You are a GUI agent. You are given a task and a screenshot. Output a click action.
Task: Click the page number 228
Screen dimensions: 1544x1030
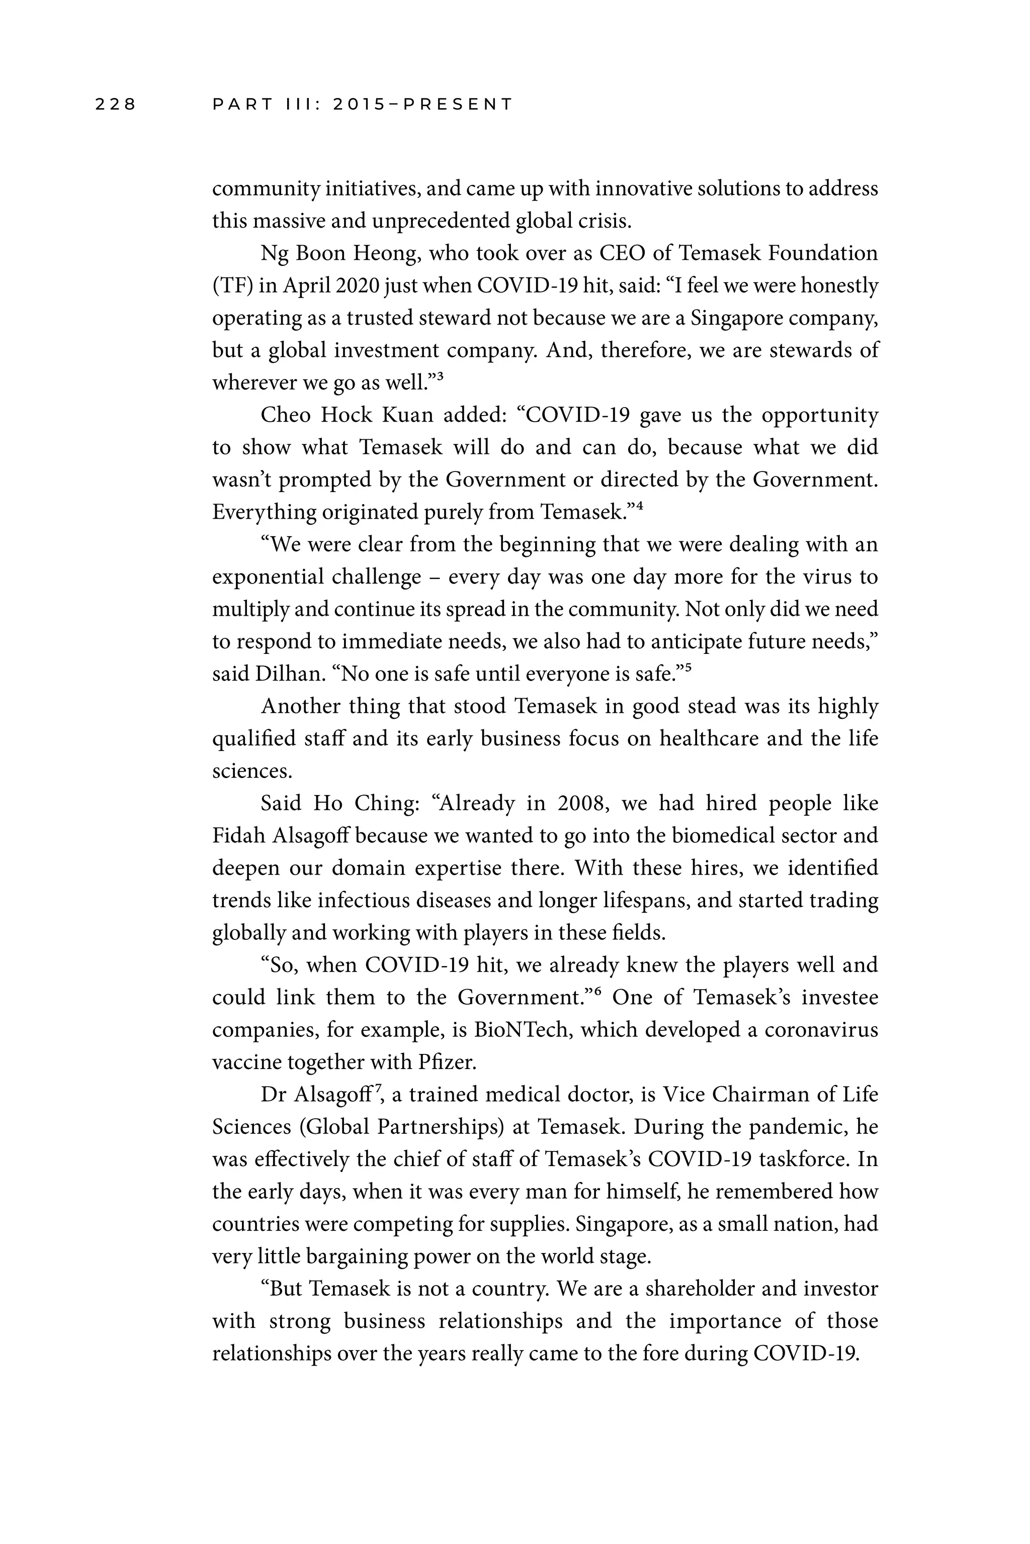tap(116, 105)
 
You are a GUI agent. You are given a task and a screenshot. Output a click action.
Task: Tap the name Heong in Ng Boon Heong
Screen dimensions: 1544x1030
tap(386, 253)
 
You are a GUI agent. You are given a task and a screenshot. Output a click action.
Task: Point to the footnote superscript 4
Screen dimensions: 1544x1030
tap(639, 505)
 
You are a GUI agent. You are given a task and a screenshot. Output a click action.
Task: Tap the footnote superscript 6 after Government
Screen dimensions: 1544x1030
tap(598, 991)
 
